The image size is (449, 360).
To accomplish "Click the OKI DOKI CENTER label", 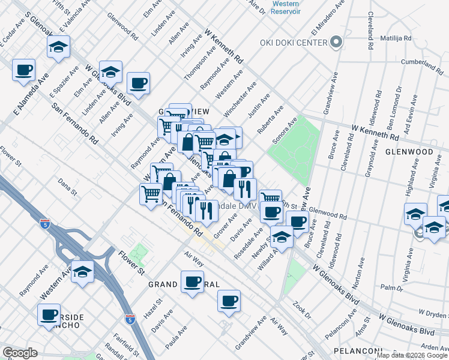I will tap(293, 42).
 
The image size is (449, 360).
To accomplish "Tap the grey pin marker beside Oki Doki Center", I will tap(336, 42).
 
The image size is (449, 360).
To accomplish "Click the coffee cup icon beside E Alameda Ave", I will tap(23, 70).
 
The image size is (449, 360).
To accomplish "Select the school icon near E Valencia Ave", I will tap(58, 47).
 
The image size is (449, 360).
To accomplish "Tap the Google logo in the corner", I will tap(20, 353).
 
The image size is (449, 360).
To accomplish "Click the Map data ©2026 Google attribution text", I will tap(412, 355).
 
